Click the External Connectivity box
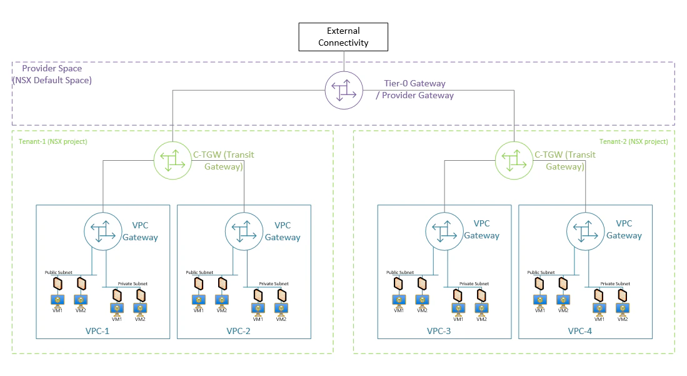(x=343, y=37)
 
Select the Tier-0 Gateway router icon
(x=343, y=89)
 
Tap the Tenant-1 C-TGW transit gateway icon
(x=172, y=160)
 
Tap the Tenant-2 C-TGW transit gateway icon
(x=513, y=160)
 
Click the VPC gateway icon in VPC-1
(x=102, y=230)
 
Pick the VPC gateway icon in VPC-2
(x=243, y=230)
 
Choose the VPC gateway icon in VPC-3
(x=443, y=230)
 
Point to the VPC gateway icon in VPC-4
(x=584, y=230)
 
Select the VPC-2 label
(x=238, y=330)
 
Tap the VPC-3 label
(x=438, y=330)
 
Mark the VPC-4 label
(x=579, y=330)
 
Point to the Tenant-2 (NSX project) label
(x=634, y=141)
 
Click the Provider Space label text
(x=52, y=69)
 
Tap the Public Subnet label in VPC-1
(x=59, y=273)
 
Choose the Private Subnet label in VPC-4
(x=614, y=284)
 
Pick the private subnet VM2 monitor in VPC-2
(x=281, y=309)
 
